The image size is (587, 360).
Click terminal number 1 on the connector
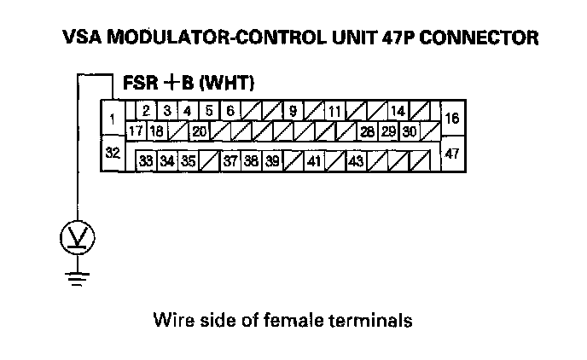[113, 119]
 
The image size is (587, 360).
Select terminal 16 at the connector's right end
[452, 119]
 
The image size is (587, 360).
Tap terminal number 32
[112, 154]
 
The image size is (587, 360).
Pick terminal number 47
[452, 154]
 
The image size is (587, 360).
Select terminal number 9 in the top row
[293, 112]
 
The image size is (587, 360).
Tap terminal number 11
[334, 112]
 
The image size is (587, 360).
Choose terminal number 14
[397, 112]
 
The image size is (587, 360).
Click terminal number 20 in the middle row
[199, 131]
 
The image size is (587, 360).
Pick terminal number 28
[367, 131]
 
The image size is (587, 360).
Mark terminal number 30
[409, 131]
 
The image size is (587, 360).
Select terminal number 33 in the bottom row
[147, 160]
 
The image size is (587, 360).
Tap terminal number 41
[314, 160]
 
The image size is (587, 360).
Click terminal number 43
[356, 160]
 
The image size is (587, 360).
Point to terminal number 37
[230, 160]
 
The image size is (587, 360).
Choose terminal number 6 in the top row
[230, 112]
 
